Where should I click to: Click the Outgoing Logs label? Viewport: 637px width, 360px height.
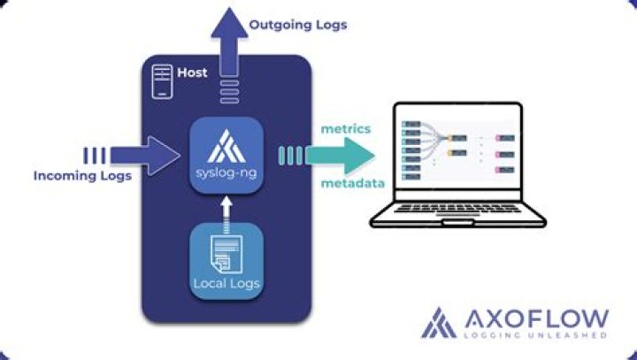297,25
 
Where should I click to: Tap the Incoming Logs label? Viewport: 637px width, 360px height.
82,176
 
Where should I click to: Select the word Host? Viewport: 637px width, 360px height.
192,73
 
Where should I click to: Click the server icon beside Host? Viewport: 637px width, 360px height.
162,76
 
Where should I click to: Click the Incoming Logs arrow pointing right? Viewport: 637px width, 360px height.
146,156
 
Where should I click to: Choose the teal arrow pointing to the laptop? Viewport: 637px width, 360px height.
341,156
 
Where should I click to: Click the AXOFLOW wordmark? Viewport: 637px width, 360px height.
536,317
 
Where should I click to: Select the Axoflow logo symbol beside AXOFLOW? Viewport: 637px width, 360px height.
440,323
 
